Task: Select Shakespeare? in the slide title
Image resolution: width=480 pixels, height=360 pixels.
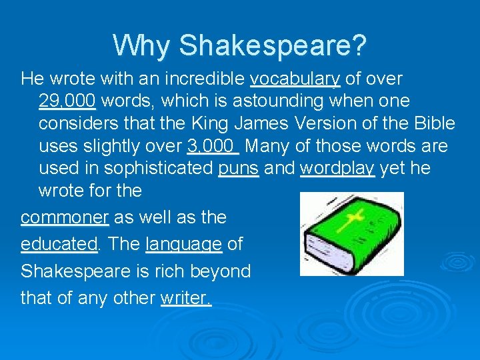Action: click(273, 45)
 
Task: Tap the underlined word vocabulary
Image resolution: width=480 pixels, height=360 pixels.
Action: click(295, 79)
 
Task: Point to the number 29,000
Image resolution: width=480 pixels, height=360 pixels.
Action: click(67, 101)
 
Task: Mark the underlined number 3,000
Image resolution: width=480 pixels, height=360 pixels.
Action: click(211, 145)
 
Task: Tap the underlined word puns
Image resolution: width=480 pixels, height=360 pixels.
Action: click(239, 168)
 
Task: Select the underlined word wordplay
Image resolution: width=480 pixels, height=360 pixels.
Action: click(337, 168)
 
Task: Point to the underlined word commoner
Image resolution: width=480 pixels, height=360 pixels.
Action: click(65, 218)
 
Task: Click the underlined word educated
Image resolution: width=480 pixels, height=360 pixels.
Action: click(59, 245)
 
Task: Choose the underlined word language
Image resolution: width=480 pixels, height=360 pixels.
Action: click(183, 245)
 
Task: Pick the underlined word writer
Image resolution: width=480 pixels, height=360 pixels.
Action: click(185, 298)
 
